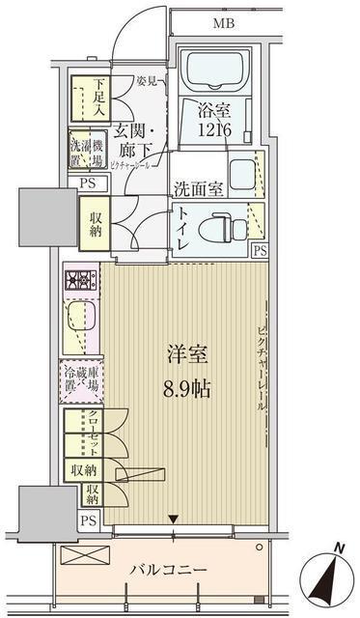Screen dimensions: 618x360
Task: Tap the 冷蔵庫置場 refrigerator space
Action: coord(81,379)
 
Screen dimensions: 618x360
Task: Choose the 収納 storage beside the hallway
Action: coord(95,225)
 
